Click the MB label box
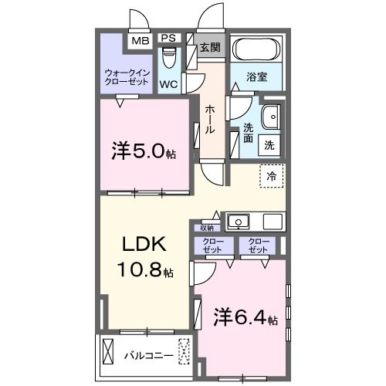pos(140,40)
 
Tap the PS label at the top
pos(168,39)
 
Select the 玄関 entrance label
pos(210,46)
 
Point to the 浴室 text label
pos(257,77)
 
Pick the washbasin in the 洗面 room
pos(271,117)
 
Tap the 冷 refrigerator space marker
pos(271,177)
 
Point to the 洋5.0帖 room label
pos(144,151)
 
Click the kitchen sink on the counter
pos(240,222)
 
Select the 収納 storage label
pos(207,228)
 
